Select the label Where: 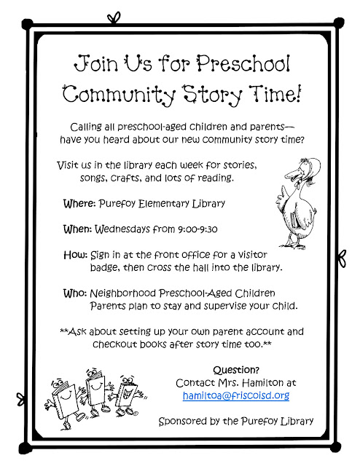81,203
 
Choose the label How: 76,256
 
